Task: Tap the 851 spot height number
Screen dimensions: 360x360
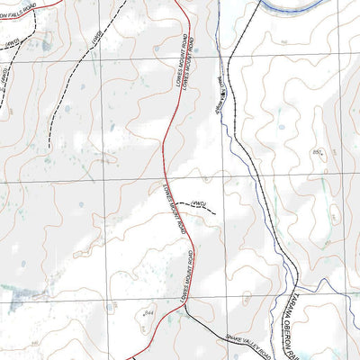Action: click(318, 153)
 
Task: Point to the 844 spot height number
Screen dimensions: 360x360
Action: click(148, 311)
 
